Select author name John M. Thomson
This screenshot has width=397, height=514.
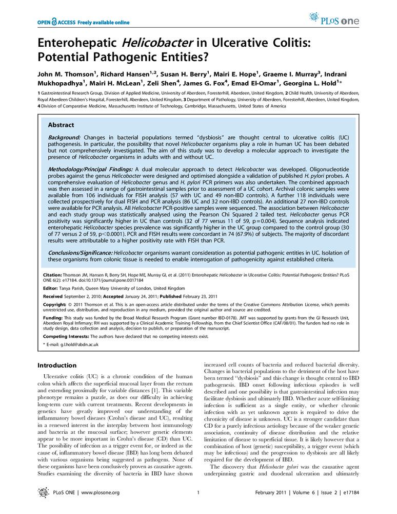pos(67,70)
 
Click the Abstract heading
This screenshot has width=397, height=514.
pos(61,125)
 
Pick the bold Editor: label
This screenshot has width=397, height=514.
pos(50,289)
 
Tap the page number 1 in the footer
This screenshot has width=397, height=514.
pos(197,493)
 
